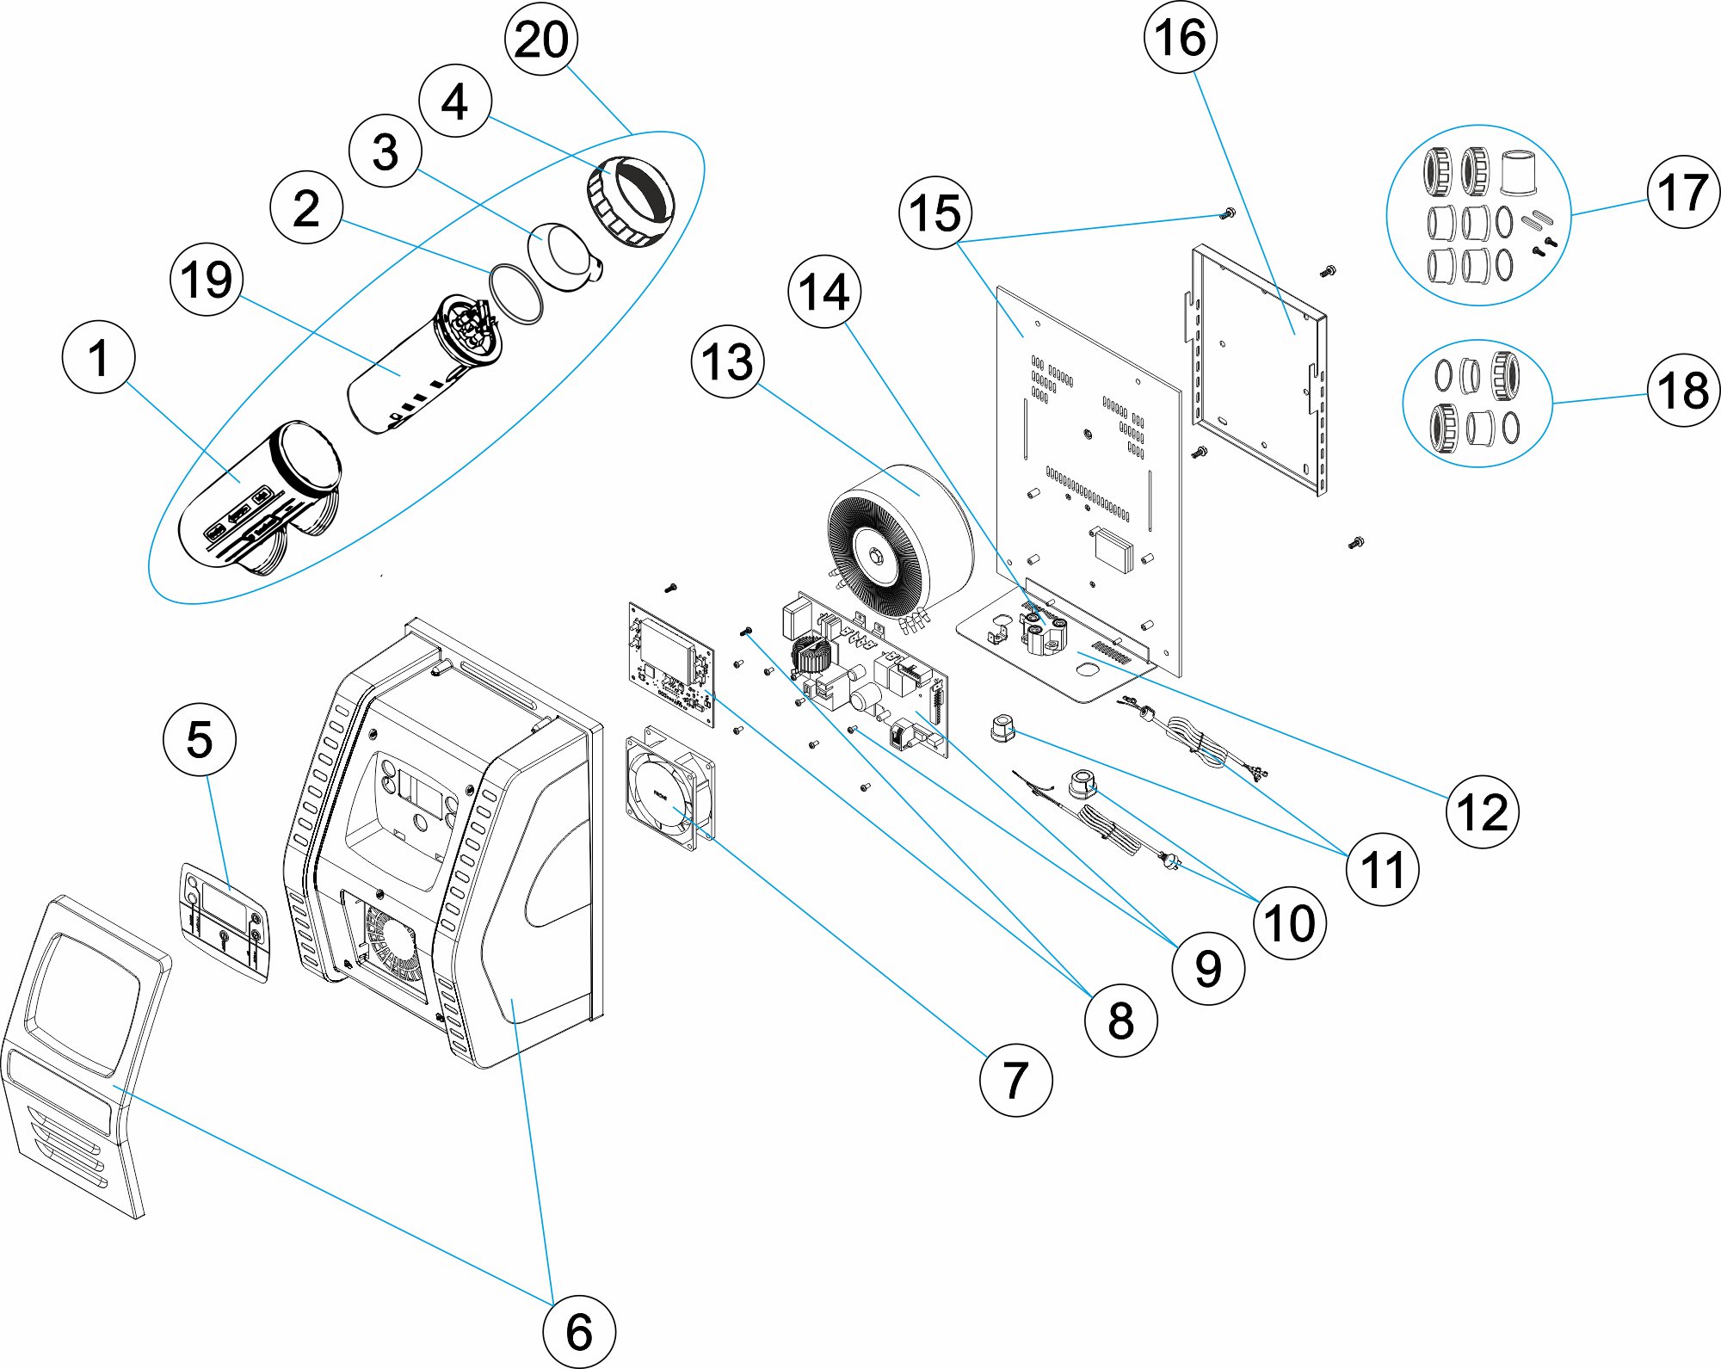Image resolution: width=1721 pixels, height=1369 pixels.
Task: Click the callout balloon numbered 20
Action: [x=540, y=40]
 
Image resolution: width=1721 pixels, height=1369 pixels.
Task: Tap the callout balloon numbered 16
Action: [x=1180, y=38]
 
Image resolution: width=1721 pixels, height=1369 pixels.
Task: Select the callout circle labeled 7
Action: [x=1015, y=1080]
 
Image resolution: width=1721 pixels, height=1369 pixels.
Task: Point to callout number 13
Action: [x=727, y=361]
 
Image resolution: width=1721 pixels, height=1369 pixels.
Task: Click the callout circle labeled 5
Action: [x=200, y=740]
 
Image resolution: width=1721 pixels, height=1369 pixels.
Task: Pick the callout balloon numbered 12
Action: [x=1482, y=812]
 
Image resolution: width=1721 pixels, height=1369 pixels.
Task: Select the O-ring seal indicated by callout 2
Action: [x=515, y=293]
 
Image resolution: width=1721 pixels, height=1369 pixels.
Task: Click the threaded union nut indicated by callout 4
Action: [x=631, y=200]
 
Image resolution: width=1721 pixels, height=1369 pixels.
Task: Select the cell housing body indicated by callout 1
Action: [x=258, y=495]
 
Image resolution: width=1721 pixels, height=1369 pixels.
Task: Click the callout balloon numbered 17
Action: [x=1682, y=192]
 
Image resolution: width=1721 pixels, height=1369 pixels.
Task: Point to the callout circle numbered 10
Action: [x=1289, y=923]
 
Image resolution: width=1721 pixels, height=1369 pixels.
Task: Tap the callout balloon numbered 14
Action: [x=824, y=292]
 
